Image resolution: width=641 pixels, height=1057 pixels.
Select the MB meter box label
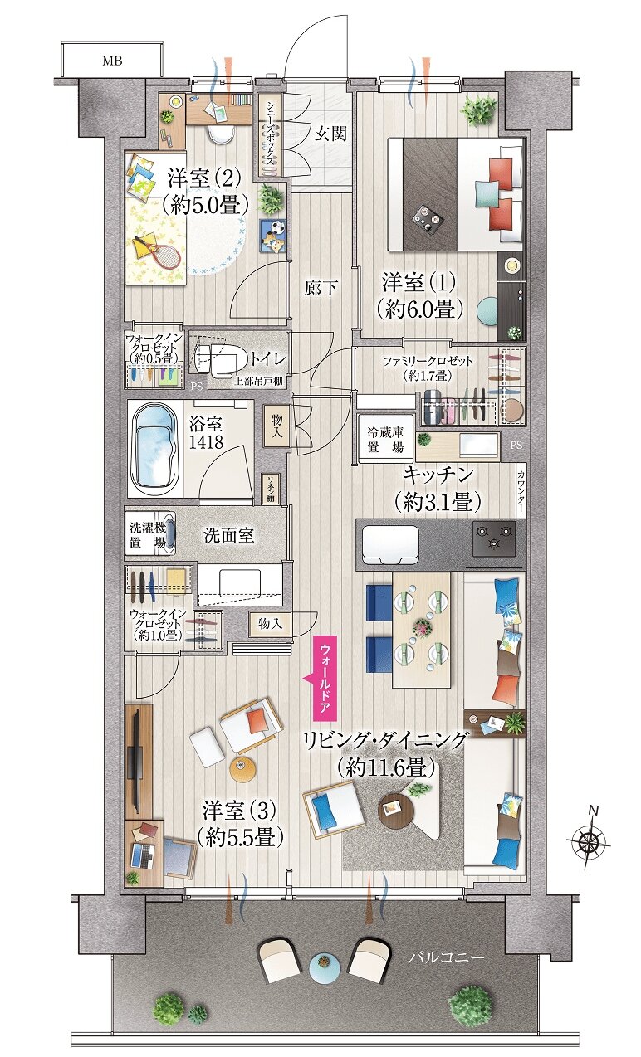click(x=110, y=61)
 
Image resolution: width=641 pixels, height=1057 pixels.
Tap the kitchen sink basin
click(x=388, y=543)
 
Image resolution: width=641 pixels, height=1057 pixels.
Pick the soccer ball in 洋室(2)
click(x=277, y=226)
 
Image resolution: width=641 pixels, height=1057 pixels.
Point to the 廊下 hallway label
click(x=320, y=288)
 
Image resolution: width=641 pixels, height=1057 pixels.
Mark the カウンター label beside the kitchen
click(x=521, y=493)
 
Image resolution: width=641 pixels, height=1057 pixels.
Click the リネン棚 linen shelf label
click(x=271, y=490)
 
